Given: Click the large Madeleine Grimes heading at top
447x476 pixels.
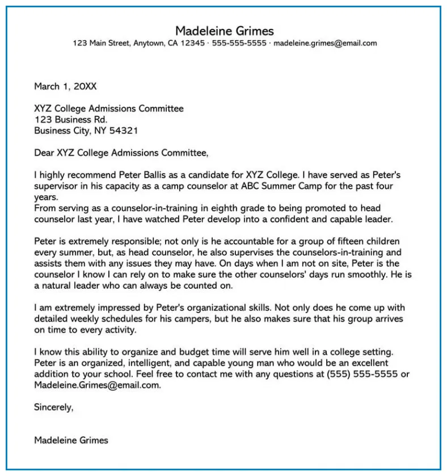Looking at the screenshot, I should [x=224, y=31].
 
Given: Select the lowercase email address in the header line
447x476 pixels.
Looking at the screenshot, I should [x=325, y=43].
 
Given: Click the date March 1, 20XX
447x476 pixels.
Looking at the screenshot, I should [x=65, y=86].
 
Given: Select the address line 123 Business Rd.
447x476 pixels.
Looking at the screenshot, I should [x=70, y=119].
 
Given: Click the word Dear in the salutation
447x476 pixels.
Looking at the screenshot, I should [x=44, y=153].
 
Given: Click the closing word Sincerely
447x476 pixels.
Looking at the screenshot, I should [x=53, y=407].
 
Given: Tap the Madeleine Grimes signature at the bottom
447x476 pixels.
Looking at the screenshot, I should [x=71, y=440].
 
